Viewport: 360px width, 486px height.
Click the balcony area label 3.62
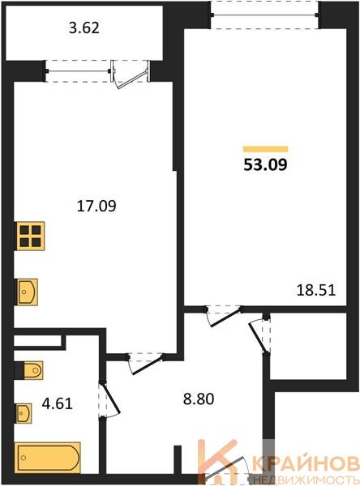coord(84,28)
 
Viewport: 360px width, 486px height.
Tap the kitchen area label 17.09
coord(96,206)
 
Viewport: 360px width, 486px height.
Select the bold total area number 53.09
coord(266,164)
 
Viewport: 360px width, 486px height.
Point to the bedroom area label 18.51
coord(316,291)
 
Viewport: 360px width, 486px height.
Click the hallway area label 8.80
coord(199,399)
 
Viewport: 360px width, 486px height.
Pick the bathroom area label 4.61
coord(57,404)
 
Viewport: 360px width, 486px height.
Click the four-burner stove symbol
coord(31,236)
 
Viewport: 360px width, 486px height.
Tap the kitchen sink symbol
coord(27,292)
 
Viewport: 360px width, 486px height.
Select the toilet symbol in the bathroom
coord(29,370)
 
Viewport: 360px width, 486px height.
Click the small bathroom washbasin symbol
coord(24,413)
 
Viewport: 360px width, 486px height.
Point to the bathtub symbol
coord(48,458)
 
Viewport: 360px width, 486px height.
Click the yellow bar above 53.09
coord(266,149)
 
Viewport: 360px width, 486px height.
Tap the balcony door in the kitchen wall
coord(131,75)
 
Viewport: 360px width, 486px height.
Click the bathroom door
coord(109,400)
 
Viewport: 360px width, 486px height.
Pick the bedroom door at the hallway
coord(224,316)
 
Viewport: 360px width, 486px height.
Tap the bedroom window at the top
coord(264,15)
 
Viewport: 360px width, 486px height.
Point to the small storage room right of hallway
coord(308,346)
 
